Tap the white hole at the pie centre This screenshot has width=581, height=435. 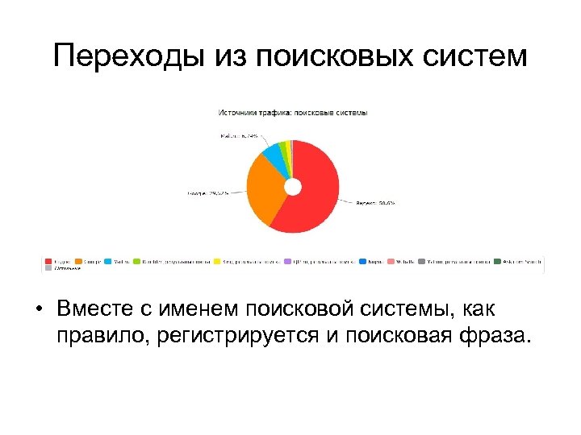(292, 187)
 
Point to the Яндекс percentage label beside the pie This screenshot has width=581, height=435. (374, 203)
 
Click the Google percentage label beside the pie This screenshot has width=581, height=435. (208, 193)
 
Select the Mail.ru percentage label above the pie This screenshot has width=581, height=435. (240, 136)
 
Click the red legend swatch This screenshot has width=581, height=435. (48, 261)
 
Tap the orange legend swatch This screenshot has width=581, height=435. (78, 261)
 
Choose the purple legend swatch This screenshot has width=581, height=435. (288, 261)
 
